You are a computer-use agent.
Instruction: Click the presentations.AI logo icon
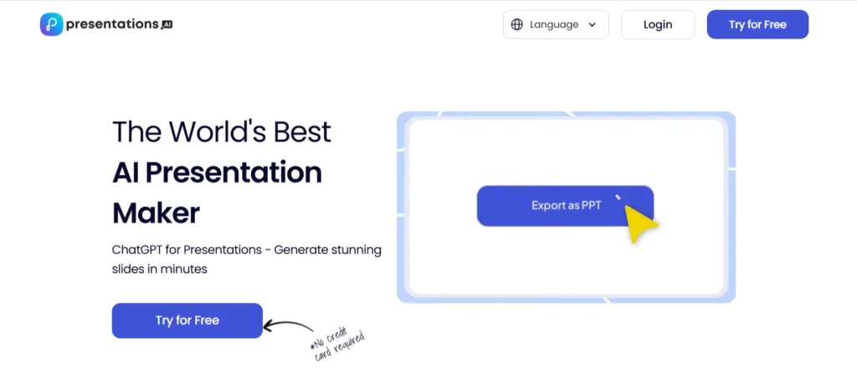click(x=52, y=24)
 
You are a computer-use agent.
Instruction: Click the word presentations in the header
click(x=112, y=24)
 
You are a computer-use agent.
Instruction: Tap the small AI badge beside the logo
click(x=167, y=25)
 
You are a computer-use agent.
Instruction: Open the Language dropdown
click(x=555, y=24)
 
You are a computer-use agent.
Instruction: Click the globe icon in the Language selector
click(x=517, y=24)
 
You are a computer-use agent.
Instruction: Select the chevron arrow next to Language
click(x=593, y=25)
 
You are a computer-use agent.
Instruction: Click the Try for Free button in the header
click(x=757, y=24)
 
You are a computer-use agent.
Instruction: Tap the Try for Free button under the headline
click(x=187, y=321)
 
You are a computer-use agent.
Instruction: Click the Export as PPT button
click(x=565, y=205)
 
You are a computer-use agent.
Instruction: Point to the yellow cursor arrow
click(x=640, y=222)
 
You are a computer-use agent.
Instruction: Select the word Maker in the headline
click(x=156, y=212)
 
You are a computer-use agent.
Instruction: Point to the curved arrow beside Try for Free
click(x=290, y=326)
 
